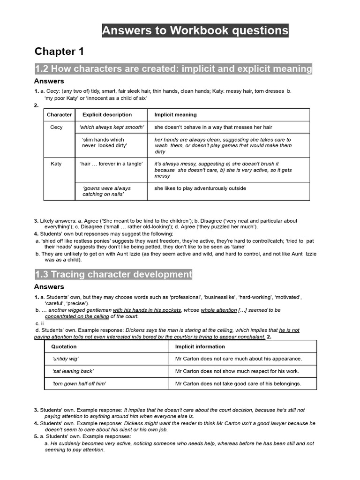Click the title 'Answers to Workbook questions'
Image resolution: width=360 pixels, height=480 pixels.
click(x=195, y=31)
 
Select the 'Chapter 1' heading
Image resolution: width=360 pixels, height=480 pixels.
click(x=59, y=52)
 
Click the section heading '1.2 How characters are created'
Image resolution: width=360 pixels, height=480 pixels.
click(x=173, y=69)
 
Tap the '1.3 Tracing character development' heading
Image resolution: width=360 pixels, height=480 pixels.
click(x=113, y=274)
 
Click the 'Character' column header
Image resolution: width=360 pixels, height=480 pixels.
click(x=60, y=115)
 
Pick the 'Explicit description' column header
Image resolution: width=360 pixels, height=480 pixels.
click(x=107, y=115)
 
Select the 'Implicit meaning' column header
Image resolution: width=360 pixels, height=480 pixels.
click(x=175, y=115)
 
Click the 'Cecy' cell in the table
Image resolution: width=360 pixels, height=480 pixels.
click(x=56, y=127)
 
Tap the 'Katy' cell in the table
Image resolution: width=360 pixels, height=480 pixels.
click(x=56, y=164)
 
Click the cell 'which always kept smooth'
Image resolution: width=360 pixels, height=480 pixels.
click(x=112, y=127)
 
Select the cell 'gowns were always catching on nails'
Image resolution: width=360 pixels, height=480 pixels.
click(x=106, y=191)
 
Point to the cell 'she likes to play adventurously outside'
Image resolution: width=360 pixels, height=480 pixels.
click(x=200, y=188)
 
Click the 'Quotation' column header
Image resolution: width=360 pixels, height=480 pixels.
click(x=64, y=347)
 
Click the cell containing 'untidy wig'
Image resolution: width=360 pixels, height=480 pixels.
click(x=65, y=359)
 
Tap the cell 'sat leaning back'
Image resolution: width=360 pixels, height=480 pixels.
click(x=73, y=371)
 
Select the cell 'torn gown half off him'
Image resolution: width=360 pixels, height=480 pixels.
click(x=79, y=383)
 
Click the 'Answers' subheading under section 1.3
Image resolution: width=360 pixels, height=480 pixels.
click(x=49, y=287)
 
